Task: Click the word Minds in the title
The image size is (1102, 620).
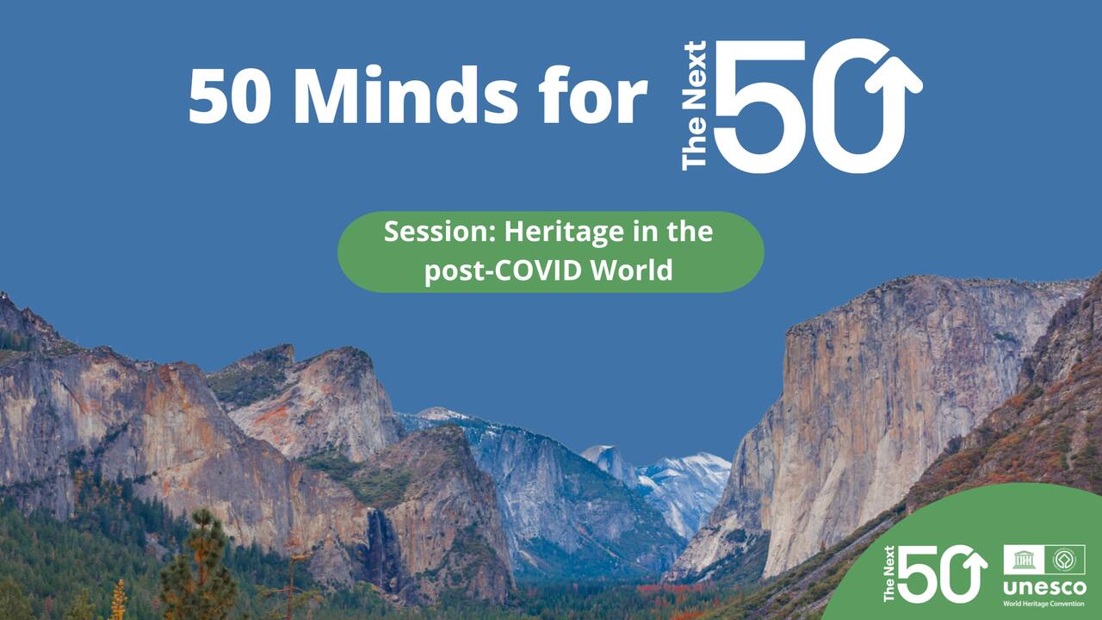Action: point(406,94)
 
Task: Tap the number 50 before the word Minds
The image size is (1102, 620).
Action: point(229,96)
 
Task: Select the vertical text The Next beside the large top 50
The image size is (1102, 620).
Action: point(695,105)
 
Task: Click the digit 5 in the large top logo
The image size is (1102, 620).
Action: point(760,105)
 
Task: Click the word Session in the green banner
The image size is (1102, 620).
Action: point(440,232)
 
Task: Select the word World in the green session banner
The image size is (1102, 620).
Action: point(632,270)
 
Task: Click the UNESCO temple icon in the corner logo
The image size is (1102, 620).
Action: point(1024,560)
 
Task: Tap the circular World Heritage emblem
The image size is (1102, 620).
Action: point(1064,560)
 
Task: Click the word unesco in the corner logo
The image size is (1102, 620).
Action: point(1044,587)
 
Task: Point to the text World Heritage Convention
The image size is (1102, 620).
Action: point(1044,604)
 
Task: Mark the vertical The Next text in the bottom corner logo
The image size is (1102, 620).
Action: point(889,573)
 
